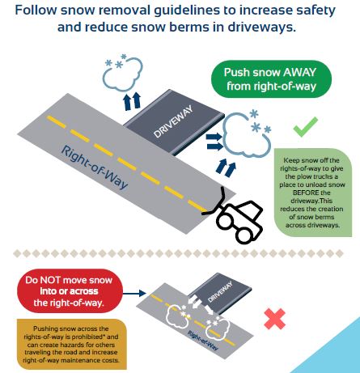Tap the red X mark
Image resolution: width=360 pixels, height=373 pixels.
(275, 319)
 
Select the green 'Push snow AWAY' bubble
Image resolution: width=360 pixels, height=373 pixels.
(271, 79)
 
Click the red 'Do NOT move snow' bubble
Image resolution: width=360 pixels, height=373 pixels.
(70, 291)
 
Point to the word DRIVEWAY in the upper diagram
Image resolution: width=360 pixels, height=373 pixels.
(173, 122)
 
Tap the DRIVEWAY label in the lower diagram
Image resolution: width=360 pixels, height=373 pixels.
(220, 292)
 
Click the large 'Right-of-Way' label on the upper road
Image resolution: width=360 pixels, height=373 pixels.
(95, 167)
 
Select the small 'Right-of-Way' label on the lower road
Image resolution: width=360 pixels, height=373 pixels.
(203, 341)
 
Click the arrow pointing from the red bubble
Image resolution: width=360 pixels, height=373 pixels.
(134, 293)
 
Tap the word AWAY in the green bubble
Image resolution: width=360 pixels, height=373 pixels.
(299, 72)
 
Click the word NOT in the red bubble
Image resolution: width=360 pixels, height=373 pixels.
(50, 280)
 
